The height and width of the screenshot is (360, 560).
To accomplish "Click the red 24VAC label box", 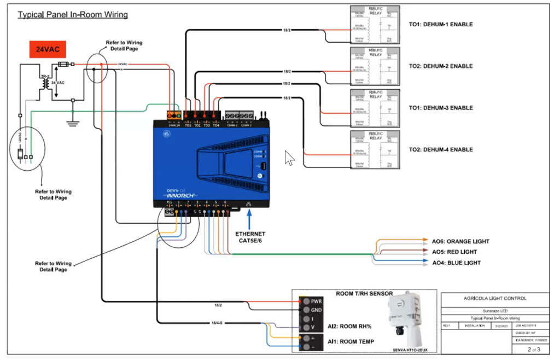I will point(48,49).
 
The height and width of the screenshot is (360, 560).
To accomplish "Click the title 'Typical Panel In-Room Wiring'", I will point(73,15).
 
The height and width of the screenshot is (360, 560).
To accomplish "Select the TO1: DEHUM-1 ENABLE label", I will point(441,25).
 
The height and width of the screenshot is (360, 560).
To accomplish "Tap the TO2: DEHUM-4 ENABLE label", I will point(441,149).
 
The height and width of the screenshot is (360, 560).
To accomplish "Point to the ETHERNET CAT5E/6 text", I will point(250,237).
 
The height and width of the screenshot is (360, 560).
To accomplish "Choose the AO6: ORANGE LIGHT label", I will point(460,241).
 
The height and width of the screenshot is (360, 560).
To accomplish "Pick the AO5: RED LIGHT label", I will point(454,252).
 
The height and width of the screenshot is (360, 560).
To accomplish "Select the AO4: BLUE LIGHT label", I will point(456,263).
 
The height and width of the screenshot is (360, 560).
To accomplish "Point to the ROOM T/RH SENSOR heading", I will point(364,294).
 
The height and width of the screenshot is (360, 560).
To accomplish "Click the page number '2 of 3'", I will point(533,349).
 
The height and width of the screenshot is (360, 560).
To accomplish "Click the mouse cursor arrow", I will point(289,158).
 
